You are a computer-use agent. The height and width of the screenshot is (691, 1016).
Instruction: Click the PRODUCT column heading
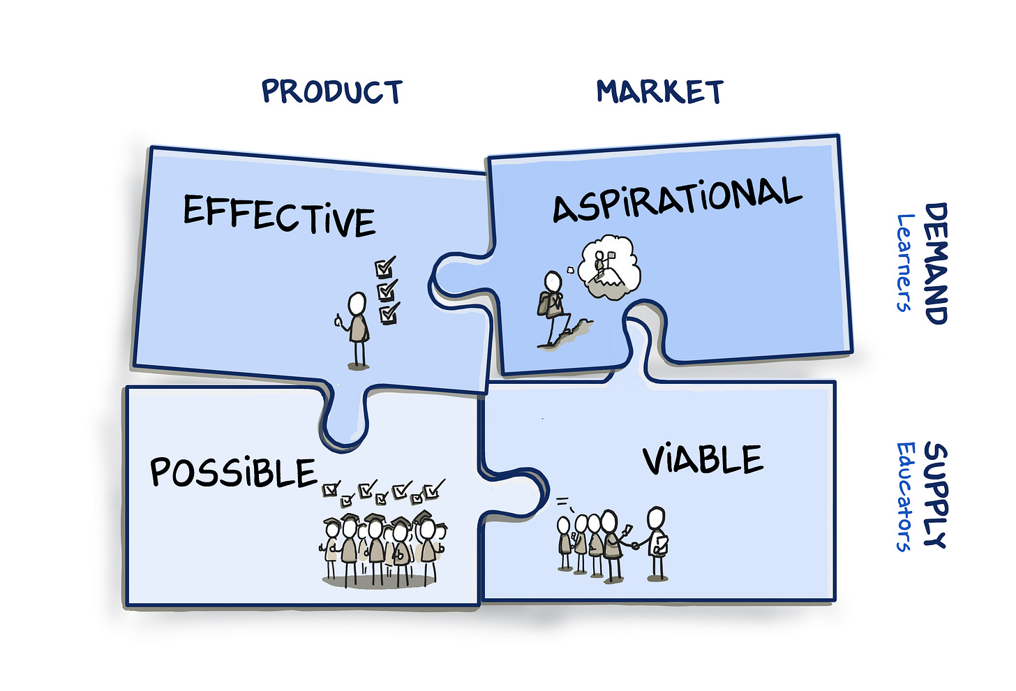332,91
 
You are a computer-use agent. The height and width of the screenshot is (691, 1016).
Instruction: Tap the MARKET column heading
659,91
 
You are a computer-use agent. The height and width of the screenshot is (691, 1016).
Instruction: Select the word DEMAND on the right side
936,263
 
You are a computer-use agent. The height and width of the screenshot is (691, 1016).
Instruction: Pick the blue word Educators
905,496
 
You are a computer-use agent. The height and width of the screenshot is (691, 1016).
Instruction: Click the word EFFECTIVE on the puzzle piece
279,214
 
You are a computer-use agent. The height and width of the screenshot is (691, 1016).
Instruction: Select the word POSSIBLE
234,472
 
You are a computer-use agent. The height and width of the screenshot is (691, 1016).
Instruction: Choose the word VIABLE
703,460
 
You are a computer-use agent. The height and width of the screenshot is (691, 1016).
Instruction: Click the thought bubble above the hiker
609,267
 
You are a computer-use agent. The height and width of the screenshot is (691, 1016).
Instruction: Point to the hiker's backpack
544,303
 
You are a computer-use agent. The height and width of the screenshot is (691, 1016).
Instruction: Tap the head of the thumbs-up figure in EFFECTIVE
357,304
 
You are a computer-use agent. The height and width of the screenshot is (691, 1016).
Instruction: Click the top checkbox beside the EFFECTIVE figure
384,267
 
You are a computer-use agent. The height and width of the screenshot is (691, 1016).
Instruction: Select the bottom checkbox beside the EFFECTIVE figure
389,313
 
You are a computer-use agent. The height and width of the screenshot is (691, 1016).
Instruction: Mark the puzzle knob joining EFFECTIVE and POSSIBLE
344,419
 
